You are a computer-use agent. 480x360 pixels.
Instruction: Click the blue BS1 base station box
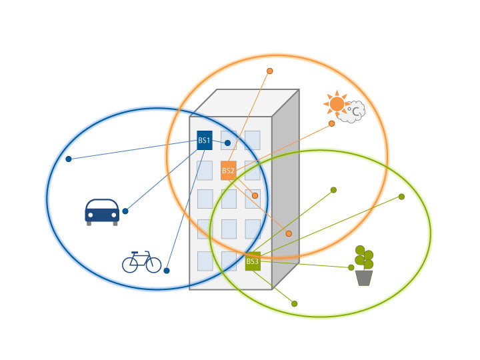pos(205,141)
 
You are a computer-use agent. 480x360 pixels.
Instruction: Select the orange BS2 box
pos(228,171)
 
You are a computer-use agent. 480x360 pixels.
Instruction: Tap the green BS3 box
pos(253,261)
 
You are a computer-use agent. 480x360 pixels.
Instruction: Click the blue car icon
pos(102,211)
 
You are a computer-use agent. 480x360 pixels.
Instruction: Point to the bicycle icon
pos(141,262)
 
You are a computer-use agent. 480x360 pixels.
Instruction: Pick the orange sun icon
pos(337,104)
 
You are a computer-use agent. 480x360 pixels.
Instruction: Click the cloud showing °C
pos(352,112)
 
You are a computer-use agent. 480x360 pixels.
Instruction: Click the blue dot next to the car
pos(125,211)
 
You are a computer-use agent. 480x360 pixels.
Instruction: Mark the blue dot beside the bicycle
pos(167,271)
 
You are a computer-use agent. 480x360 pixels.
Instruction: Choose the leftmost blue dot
pos(68,159)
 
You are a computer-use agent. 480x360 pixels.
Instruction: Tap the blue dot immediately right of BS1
pos(227,143)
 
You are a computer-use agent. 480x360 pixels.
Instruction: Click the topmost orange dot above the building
pos(270,71)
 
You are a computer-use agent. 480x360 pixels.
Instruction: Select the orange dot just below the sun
pos(331,124)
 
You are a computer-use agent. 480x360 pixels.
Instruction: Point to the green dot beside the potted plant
pos(351,267)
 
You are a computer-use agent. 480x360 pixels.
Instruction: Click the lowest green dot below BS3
pos(294,303)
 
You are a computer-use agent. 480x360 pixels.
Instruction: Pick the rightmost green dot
pos(401,197)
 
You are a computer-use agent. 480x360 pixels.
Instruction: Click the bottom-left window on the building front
pos(205,261)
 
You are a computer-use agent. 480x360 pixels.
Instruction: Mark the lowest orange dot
pos(289,233)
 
